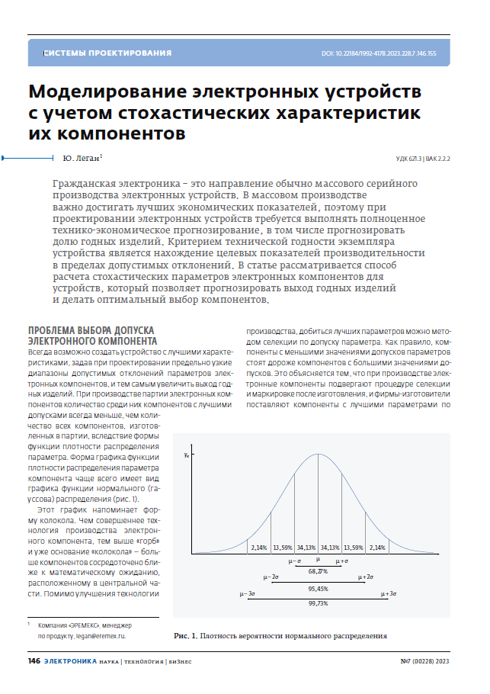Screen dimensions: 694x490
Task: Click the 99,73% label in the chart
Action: coord(319,603)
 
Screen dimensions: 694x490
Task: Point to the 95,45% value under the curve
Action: coord(319,588)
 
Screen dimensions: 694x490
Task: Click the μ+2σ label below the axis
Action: coord(365,577)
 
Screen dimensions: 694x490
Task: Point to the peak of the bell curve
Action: coord(318,455)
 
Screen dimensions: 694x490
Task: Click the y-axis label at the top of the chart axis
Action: coord(187,455)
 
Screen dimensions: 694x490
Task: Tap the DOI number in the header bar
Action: coord(379,53)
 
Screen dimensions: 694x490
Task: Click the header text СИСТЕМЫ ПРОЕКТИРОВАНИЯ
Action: coord(107,53)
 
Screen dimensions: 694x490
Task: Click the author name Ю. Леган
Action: coord(78,159)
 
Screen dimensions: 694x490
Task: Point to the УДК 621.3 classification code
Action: coord(409,159)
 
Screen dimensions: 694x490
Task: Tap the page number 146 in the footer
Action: coord(34,660)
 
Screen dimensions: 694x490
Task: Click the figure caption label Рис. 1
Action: coord(186,635)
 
